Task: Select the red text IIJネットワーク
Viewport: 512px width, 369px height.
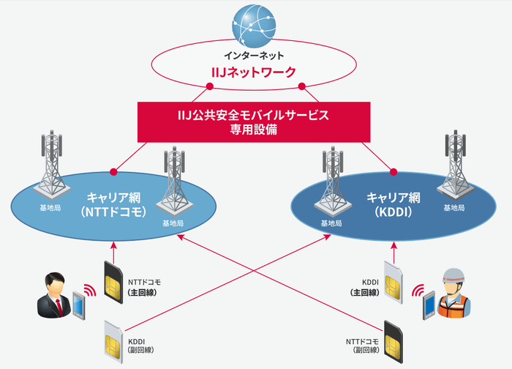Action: tap(255, 72)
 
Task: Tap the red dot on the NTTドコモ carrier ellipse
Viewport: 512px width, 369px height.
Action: tap(113, 172)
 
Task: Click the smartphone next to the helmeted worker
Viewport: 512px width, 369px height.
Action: tap(427, 307)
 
